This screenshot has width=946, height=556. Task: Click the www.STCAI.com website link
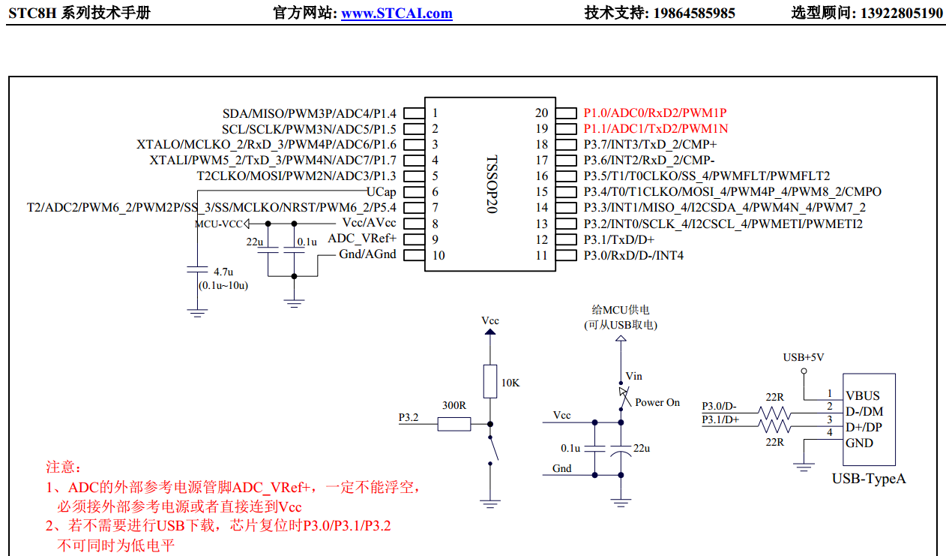397,13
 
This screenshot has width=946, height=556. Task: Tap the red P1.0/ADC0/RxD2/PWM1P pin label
655,113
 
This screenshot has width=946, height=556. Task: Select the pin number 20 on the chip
541,113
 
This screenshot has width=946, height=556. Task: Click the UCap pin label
382,192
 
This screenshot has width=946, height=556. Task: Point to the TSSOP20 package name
491,185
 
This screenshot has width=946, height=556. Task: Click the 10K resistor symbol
489,381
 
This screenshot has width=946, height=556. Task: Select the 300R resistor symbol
454,424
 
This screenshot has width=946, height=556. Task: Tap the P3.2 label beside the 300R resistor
409,417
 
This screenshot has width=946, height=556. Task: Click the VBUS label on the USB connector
863,395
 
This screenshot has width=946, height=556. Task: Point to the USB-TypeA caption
868,478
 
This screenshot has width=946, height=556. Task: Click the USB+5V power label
803,357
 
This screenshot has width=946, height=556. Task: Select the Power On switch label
657,402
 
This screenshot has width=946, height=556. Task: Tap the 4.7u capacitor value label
223,272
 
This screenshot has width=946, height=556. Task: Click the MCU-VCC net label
218,224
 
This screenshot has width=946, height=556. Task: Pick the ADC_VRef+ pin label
362,239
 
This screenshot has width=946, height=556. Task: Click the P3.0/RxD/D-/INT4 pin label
633,255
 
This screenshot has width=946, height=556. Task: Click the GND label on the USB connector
859,443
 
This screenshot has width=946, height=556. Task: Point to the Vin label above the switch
633,376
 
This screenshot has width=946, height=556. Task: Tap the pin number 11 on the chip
541,255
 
